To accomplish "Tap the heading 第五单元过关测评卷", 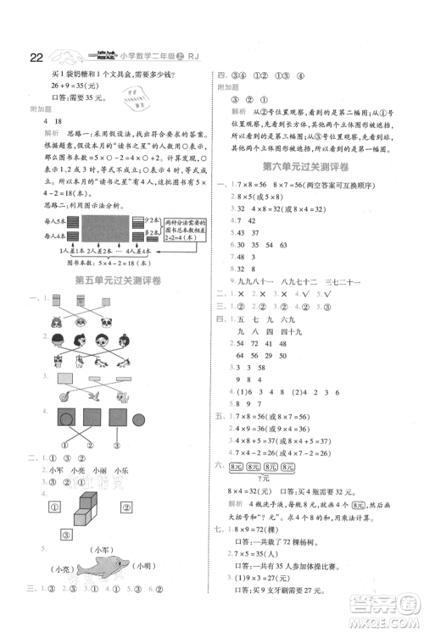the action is point(106,281).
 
